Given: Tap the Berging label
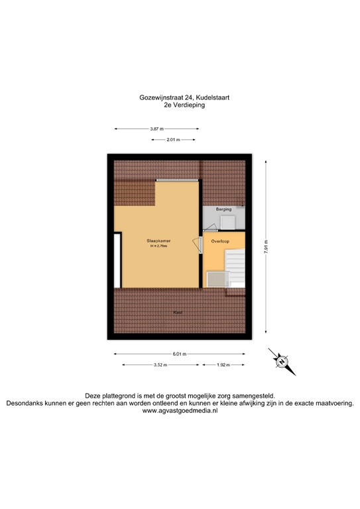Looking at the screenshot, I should click(x=224, y=209).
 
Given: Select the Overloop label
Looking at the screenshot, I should click(x=219, y=242).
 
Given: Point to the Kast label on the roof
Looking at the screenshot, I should click(x=178, y=312).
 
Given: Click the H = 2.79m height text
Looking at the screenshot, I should click(x=158, y=247).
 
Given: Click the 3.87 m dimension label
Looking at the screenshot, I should click(x=156, y=129).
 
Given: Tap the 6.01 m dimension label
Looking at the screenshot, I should click(x=179, y=353).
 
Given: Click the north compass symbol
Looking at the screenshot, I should click(x=281, y=361).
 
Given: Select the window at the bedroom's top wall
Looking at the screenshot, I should click(x=177, y=180).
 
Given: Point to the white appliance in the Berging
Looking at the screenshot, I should click(x=226, y=221).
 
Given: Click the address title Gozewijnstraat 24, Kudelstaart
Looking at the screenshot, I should click(x=180, y=97).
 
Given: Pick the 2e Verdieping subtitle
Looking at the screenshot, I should click(x=180, y=105).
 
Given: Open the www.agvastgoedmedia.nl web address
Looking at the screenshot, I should click(x=180, y=411).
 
